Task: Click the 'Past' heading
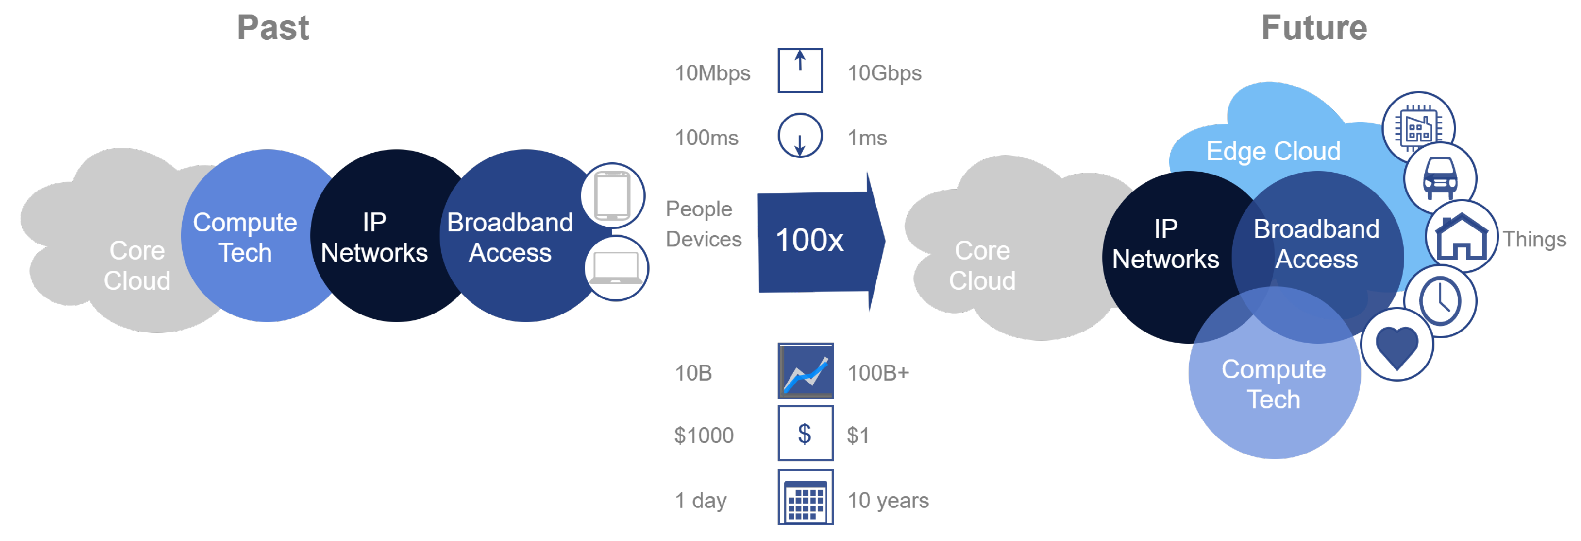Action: pos(273,28)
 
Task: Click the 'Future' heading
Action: pos(1314,28)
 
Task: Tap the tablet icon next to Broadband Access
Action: pos(612,195)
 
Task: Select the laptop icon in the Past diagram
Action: pos(616,268)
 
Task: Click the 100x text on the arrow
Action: pos(809,240)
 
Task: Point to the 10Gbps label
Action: pos(884,73)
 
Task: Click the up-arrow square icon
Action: pos(800,70)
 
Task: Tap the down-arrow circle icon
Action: pos(800,136)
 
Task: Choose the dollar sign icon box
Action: pos(805,434)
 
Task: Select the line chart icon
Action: pos(805,371)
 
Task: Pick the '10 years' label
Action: pos(888,501)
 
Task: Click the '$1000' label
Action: pos(704,436)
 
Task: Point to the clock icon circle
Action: pos(1440,301)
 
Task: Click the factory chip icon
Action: pos(1418,128)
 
